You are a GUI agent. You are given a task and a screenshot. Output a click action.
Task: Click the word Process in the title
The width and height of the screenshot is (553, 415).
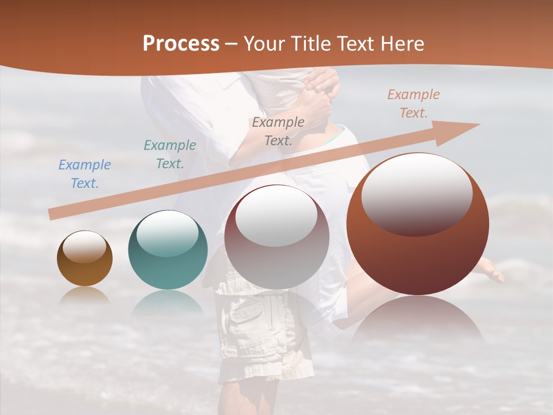click(x=181, y=44)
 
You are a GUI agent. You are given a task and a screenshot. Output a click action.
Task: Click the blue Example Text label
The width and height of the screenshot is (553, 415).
click(x=84, y=174)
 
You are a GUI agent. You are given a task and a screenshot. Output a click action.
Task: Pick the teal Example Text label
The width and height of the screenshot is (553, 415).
click(x=169, y=154)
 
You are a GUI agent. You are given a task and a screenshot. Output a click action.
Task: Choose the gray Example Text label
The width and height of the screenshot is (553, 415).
click(x=278, y=131)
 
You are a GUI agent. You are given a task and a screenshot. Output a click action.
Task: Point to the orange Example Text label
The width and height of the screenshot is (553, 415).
click(x=413, y=104)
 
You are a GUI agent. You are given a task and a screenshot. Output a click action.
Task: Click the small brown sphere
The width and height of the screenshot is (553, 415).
click(x=85, y=258)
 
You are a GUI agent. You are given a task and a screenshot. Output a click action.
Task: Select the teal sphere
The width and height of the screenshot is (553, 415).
click(x=168, y=250)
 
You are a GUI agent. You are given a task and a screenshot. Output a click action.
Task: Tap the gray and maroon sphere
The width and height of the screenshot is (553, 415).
click(x=276, y=237)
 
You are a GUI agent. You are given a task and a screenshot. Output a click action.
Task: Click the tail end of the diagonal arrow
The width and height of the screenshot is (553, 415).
click(x=53, y=214)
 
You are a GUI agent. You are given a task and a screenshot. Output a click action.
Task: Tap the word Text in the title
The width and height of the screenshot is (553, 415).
click(x=358, y=44)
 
